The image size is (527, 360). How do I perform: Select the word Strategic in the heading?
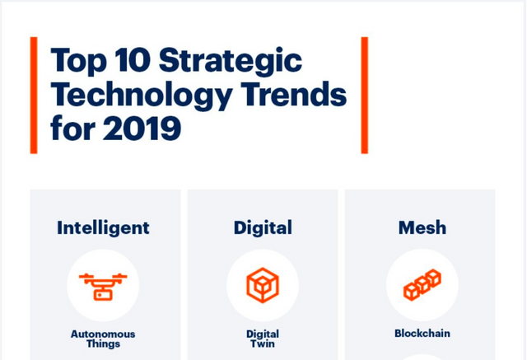(230, 61)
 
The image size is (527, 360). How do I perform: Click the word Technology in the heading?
(141, 96)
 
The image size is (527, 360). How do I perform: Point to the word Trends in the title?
(295, 96)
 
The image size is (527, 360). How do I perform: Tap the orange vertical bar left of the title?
(34, 95)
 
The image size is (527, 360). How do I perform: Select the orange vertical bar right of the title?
(364, 95)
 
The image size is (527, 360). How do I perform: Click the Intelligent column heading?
(103, 227)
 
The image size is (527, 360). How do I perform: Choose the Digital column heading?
(263, 227)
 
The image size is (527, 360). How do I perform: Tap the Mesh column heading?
(422, 227)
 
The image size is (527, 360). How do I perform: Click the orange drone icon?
(103, 286)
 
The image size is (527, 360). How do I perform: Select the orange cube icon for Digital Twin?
(263, 286)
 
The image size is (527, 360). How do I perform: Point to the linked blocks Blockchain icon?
(422, 285)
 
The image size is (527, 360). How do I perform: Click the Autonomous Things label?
(103, 339)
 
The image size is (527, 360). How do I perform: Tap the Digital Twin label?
(263, 339)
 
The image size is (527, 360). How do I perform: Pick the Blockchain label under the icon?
(422, 334)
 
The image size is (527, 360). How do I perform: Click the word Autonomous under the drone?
(103, 334)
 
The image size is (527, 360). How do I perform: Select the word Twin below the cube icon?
(263, 344)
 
